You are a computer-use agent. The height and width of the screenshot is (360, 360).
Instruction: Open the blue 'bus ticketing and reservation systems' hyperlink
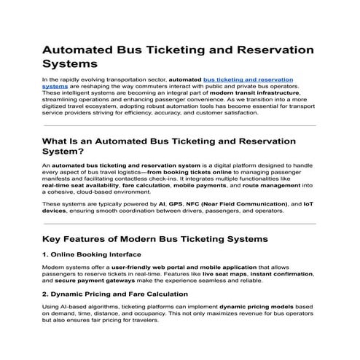pos(248,79)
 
